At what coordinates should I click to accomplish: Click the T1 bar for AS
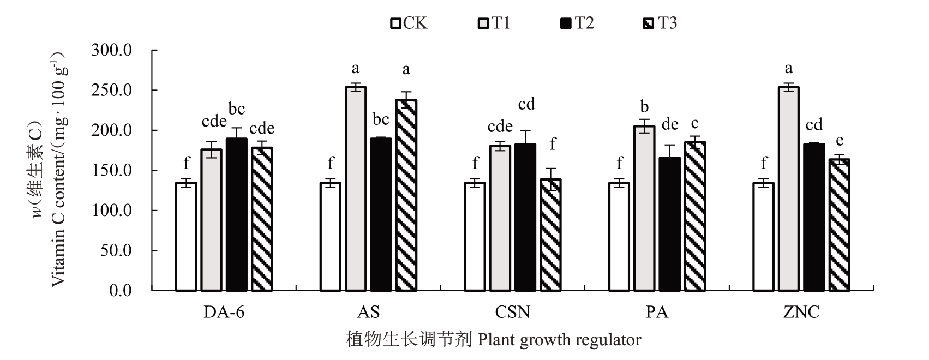point(356,188)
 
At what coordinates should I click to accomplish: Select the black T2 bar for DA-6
point(236,214)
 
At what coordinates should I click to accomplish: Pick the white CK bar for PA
point(619,236)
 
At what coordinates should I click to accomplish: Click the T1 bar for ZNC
point(788,188)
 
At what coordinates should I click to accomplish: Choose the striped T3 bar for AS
point(406,195)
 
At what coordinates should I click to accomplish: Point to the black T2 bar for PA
point(669,224)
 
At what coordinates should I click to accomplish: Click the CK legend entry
point(409,23)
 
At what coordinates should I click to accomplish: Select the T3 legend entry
point(660,23)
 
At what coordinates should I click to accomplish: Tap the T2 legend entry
point(577,23)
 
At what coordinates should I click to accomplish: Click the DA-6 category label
point(224,313)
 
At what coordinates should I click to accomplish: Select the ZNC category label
point(801,313)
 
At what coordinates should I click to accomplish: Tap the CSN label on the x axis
point(512,313)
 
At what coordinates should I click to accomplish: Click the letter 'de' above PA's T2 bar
point(669,125)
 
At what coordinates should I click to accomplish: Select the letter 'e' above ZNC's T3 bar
point(840,141)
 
